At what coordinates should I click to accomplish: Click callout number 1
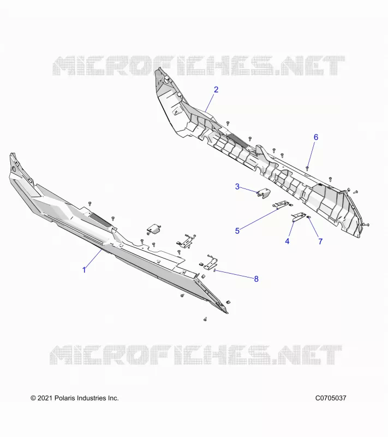point(84,270)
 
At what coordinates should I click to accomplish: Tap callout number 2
point(216,90)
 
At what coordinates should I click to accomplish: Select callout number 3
point(237,186)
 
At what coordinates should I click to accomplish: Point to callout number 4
point(287,241)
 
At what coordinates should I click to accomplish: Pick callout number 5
point(237,231)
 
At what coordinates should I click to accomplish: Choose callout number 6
point(316,137)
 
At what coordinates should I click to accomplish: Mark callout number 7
point(320,241)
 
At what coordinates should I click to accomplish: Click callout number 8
point(256,279)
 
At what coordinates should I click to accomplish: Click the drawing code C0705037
point(331,398)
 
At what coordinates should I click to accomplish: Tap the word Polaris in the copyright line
point(64,398)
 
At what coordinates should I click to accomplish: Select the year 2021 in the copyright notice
point(45,398)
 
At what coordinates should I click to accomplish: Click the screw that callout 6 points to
point(307,168)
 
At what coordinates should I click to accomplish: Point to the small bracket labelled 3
point(264,193)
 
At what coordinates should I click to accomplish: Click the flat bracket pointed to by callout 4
point(299,216)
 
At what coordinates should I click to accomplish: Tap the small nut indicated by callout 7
point(308,217)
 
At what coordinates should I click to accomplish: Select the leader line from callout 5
point(259,220)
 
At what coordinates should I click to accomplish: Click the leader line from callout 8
point(234,274)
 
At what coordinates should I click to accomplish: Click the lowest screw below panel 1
point(205,319)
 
